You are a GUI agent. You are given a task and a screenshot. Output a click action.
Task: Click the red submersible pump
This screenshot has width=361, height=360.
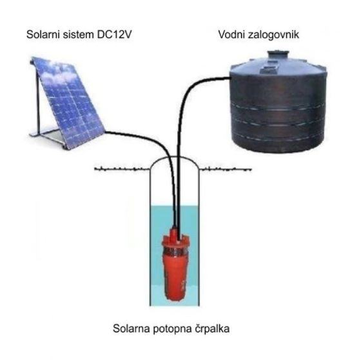coord(175,265)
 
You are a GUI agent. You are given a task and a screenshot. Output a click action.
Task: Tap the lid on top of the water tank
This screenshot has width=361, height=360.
coord(278,55)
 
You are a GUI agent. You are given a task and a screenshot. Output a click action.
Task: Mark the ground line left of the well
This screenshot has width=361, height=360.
coord(122,170)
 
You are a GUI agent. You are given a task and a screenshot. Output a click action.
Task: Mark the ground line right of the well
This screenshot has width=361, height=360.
coord(225,170)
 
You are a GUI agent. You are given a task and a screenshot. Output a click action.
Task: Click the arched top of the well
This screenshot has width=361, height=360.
coord(174,157)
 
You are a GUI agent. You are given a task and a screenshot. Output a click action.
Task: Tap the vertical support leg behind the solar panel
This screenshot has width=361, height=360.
coord(38,99)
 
